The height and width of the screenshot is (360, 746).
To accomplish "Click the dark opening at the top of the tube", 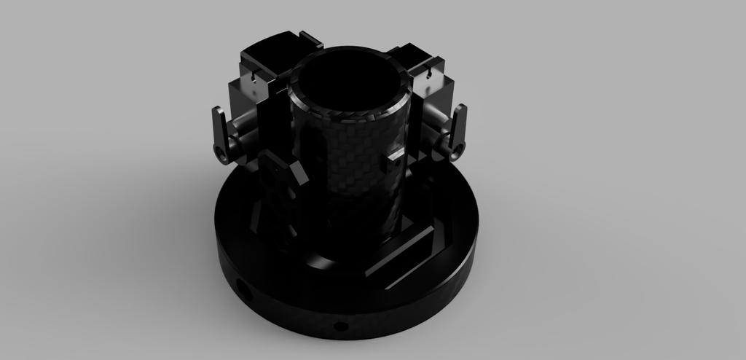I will pyautogui.click(x=350, y=84).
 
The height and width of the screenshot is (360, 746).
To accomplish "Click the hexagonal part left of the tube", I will pyautogui.click(x=280, y=171).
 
